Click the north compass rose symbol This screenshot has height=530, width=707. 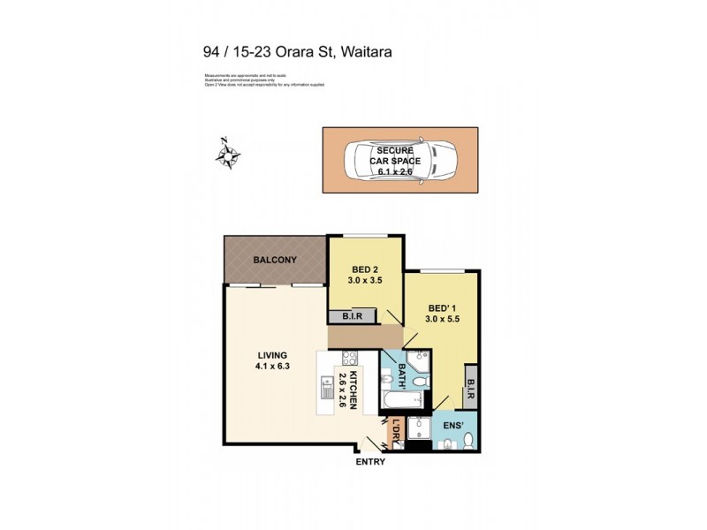228,155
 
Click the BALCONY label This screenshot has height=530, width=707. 275,260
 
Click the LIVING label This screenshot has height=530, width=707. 272,354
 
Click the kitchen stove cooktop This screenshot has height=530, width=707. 347,360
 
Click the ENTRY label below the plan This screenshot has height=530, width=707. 370,462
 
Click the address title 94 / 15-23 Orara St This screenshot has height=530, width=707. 298,52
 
